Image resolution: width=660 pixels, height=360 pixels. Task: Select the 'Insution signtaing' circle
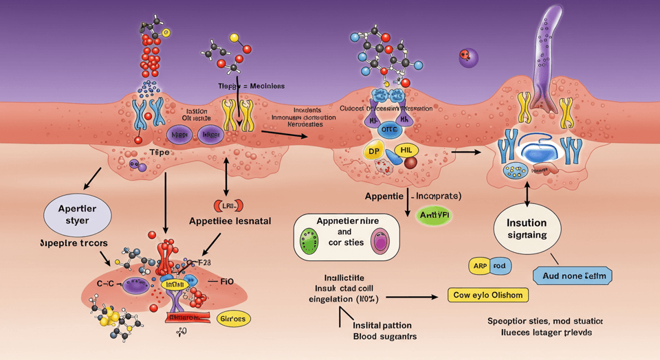(527, 229)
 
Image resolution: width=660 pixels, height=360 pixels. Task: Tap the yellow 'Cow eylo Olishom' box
(488, 295)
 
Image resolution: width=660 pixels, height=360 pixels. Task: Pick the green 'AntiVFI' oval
(437, 216)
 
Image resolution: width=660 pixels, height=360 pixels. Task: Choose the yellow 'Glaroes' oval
(234, 319)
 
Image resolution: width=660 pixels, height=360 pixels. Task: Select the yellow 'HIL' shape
(406, 150)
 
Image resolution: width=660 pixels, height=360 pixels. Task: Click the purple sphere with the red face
(469, 57)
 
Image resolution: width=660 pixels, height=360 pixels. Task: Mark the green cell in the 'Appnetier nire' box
(309, 241)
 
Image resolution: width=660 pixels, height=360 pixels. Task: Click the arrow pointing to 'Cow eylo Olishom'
(412, 297)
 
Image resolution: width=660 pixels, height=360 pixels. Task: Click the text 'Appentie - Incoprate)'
(412, 196)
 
